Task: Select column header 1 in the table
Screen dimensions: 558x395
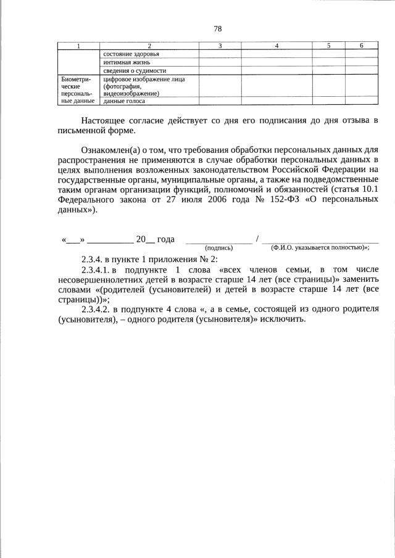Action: coord(78,46)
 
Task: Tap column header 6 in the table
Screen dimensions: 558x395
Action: coord(361,46)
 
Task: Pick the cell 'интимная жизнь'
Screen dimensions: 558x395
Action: coord(127,62)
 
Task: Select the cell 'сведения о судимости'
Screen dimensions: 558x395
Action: coord(135,71)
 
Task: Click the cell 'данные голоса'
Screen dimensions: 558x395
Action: coord(124,101)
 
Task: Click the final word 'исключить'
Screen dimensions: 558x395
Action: coord(281,320)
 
